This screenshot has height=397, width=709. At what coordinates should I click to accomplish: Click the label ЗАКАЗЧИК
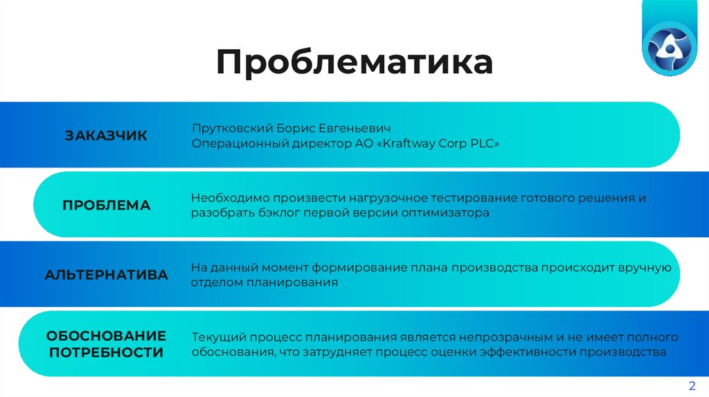(x=106, y=136)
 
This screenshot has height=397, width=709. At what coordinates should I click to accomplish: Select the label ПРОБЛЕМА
(x=106, y=205)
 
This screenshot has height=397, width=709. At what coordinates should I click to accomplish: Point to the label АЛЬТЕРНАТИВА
(x=106, y=275)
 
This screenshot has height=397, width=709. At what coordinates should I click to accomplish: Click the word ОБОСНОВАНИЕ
(x=106, y=335)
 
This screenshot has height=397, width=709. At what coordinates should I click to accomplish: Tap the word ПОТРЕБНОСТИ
(x=106, y=353)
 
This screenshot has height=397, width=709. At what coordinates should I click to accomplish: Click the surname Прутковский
(x=230, y=129)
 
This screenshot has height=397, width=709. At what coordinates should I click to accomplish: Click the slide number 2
(x=691, y=385)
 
